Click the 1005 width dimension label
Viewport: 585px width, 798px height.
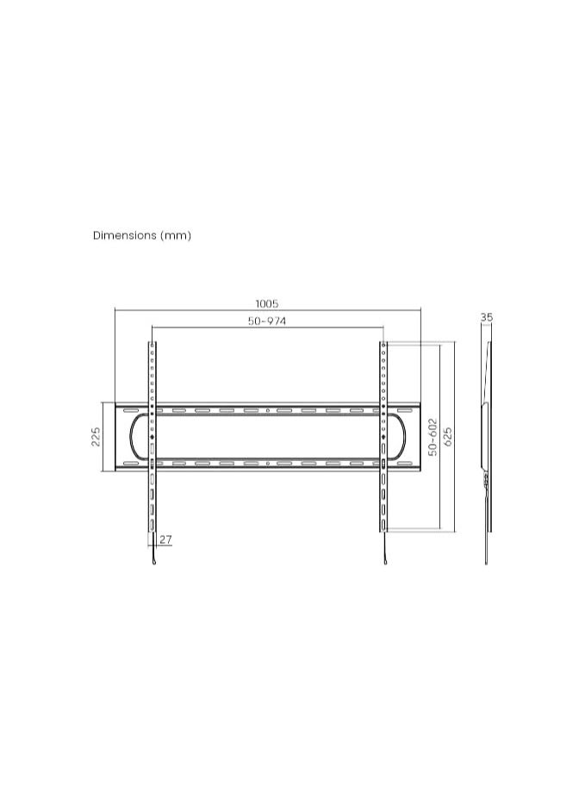(x=266, y=304)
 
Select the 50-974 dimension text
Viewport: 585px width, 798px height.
(x=267, y=321)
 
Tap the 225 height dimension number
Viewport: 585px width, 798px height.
(x=96, y=437)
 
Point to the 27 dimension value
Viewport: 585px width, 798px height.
(x=165, y=539)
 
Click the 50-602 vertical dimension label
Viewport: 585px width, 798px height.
(x=433, y=437)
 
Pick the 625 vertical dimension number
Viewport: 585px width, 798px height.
(x=448, y=437)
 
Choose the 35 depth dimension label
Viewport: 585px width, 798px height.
(x=487, y=317)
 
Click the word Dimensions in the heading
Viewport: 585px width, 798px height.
(x=125, y=235)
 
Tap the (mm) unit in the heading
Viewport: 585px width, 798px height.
(x=176, y=235)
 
